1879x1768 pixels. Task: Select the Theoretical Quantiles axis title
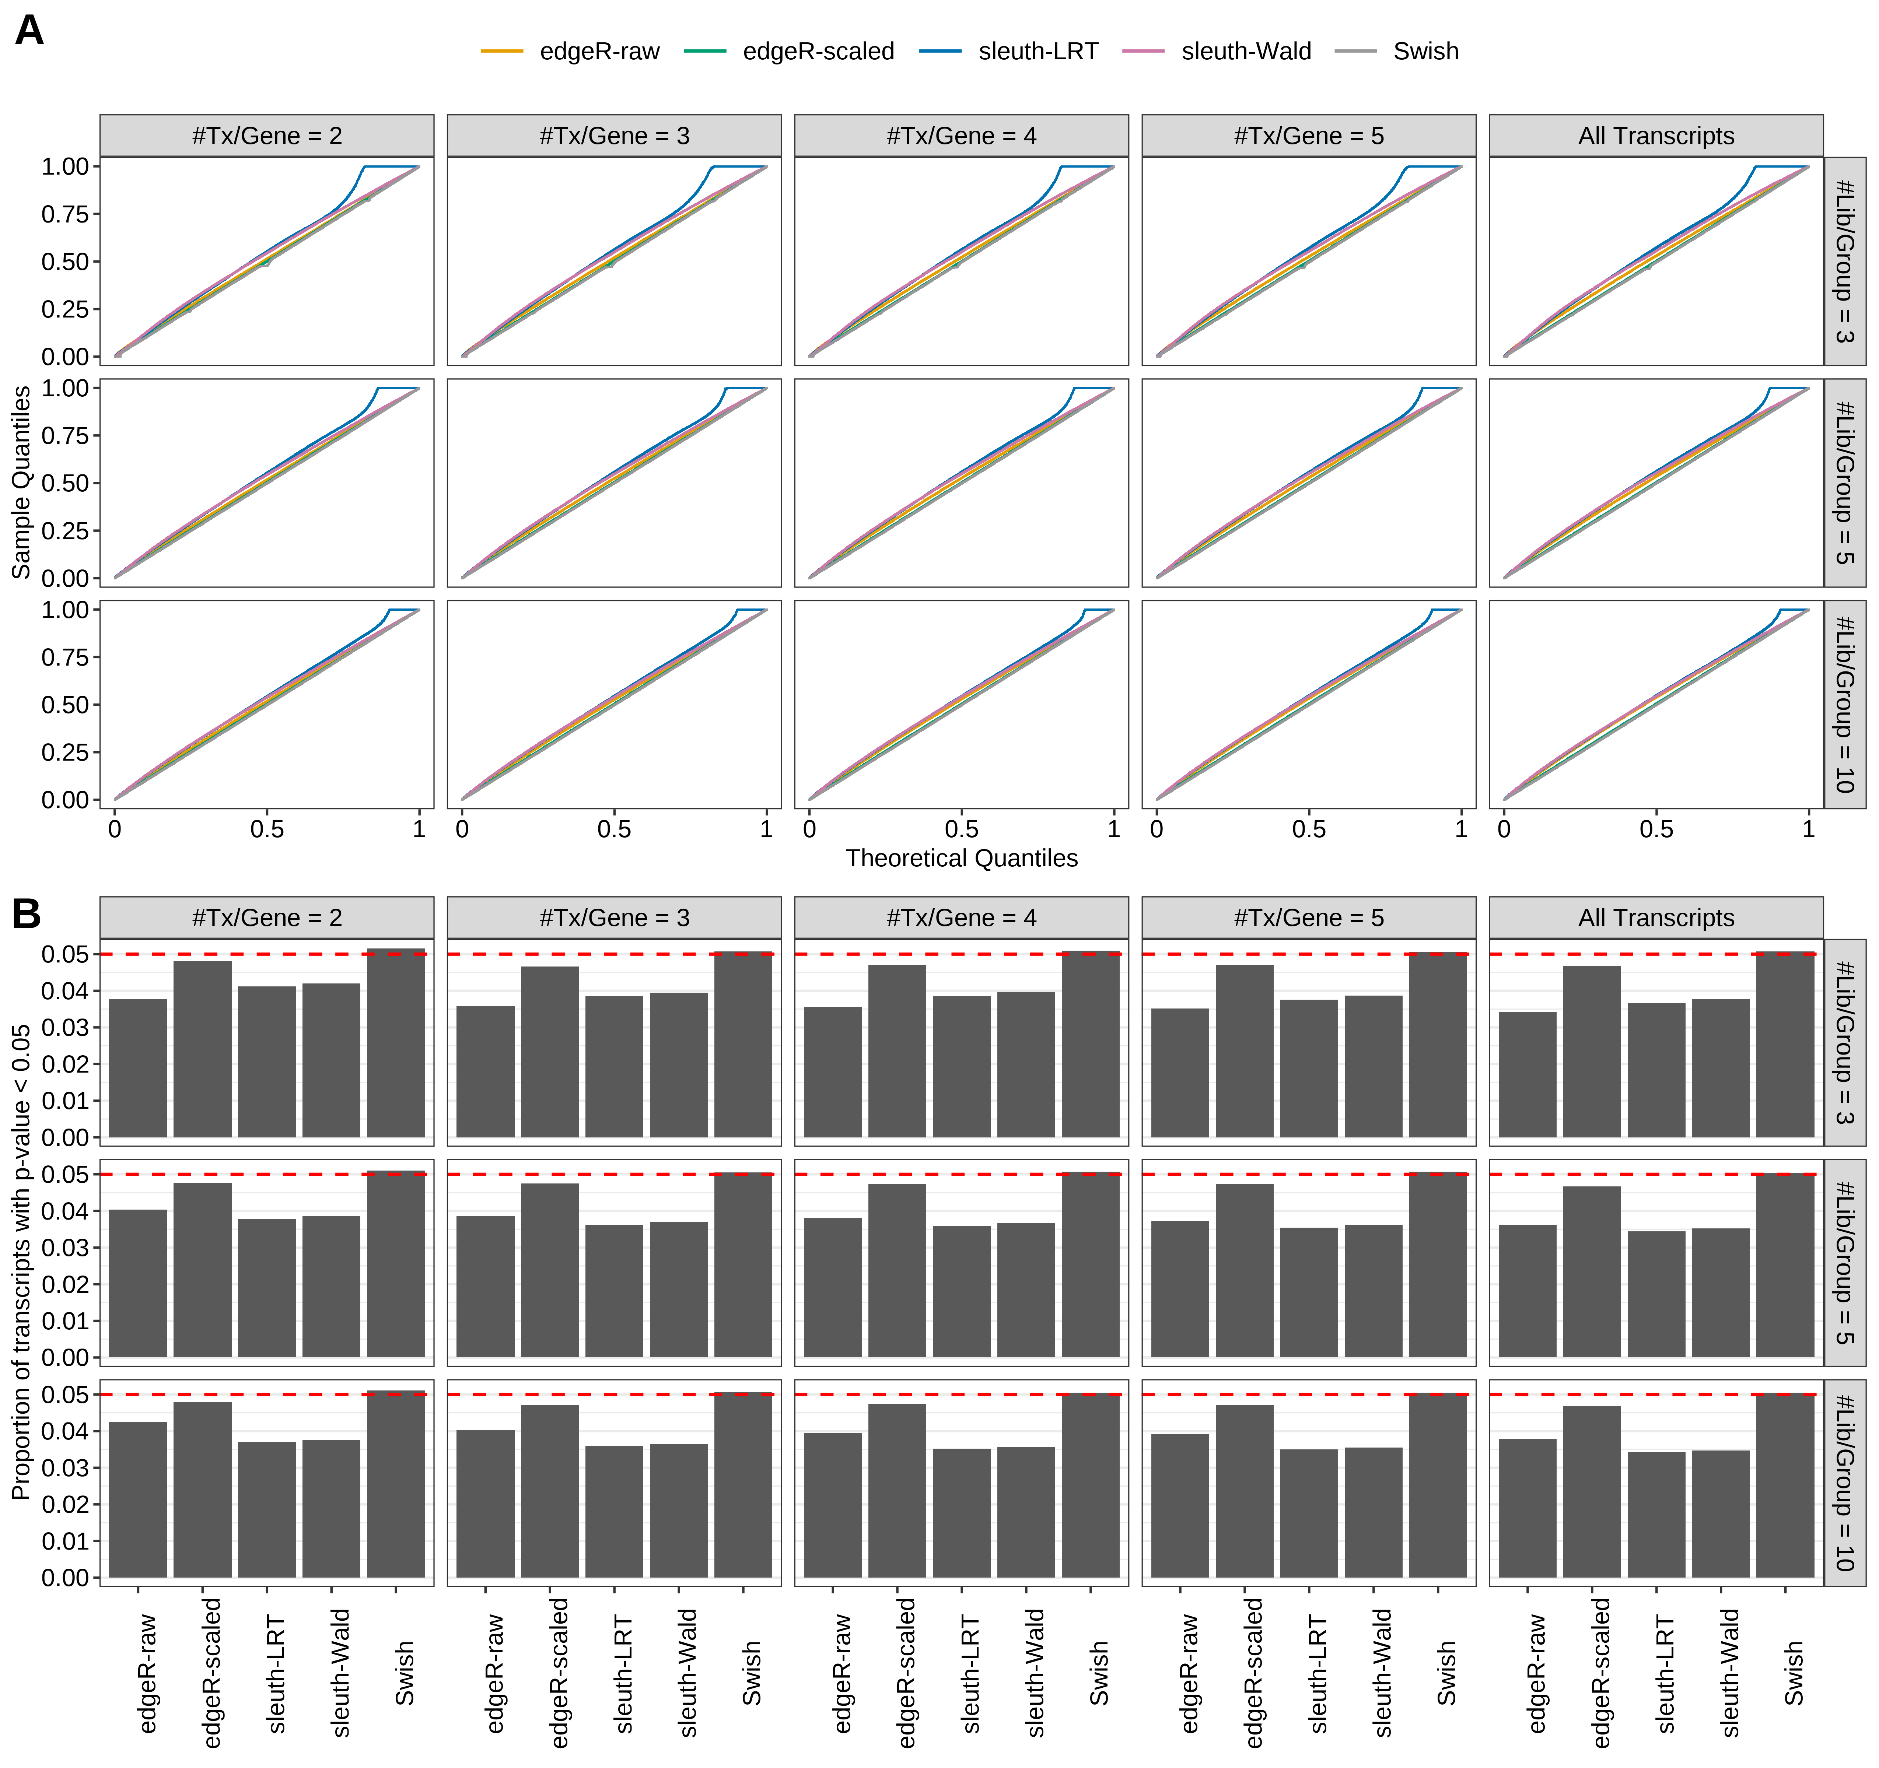pyautogui.click(x=961, y=858)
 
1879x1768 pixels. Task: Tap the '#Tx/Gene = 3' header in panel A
pyautogui.click(x=615, y=136)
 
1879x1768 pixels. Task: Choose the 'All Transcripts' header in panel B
pyautogui.click(x=1656, y=918)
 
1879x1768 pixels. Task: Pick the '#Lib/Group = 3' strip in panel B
pyautogui.click(x=1844, y=1042)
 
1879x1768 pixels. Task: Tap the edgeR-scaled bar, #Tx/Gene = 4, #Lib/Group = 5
pyautogui.click(x=897, y=1270)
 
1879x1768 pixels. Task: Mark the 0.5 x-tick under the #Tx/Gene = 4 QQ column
pyautogui.click(x=961, y=829)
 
